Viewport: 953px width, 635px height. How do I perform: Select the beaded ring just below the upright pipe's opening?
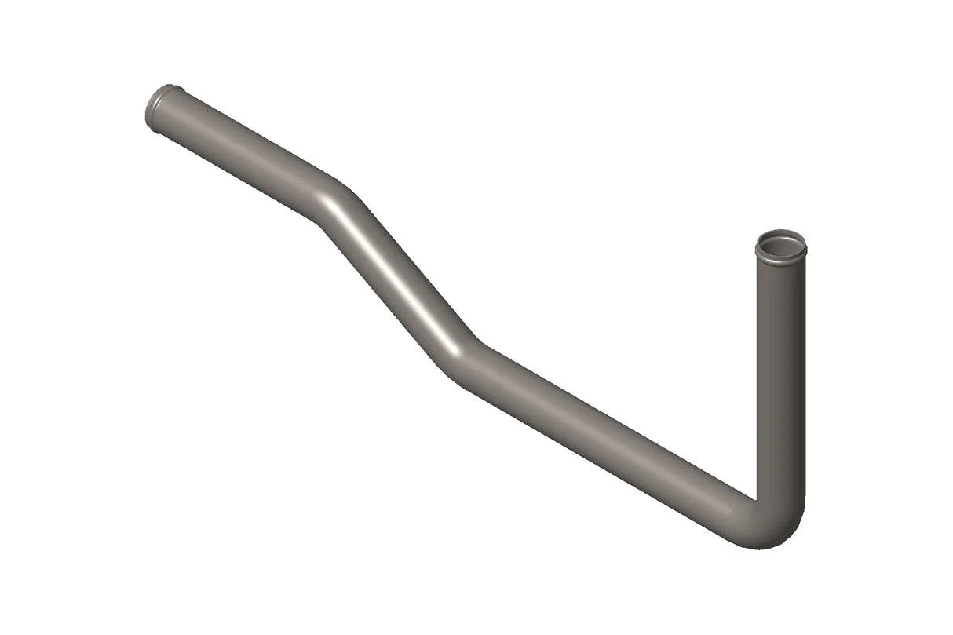pyautogui.click(x=780, y=259)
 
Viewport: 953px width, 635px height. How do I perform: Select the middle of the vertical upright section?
pyautogui.click(x=780, y=377)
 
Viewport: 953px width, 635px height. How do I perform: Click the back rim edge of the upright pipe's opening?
pyautogui.click(x=780, y=233)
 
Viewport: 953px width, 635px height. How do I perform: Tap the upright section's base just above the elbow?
pyautogui.click(x=780, y=487)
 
